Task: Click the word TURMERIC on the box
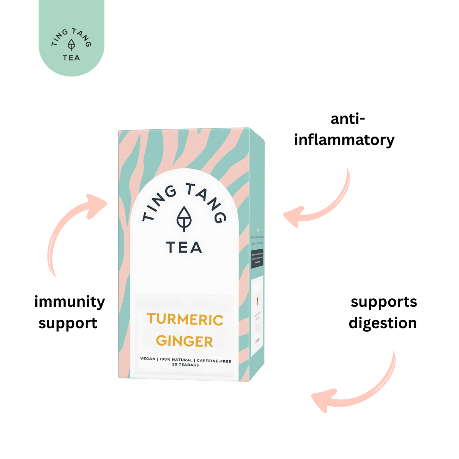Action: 185,320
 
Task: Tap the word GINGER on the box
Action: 184,341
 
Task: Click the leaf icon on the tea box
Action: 184,219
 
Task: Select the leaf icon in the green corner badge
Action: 72,45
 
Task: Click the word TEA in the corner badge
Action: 72,58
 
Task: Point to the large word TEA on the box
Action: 184,248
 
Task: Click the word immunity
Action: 70,302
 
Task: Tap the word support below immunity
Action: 68,324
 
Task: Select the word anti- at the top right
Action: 348,119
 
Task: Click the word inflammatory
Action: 344,140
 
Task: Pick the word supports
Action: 384,302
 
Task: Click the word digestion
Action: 382,323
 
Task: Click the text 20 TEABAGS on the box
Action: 186,365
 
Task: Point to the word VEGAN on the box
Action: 148,359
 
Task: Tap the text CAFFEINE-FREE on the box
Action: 214,361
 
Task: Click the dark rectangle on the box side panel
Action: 257,259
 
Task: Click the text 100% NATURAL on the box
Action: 176,360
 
